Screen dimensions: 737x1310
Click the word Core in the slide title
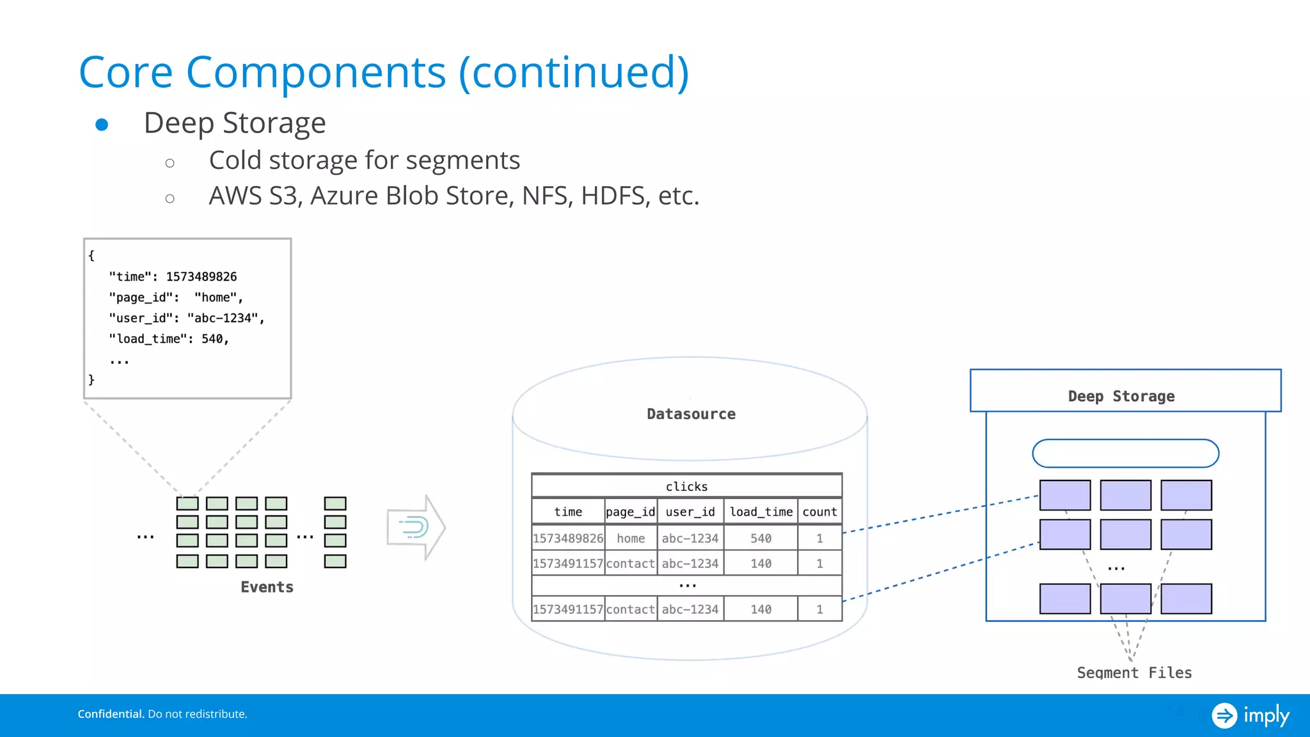tap(126, 72)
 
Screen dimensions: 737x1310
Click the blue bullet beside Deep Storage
tap(102, 125)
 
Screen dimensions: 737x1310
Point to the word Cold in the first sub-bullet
tap(235, 161)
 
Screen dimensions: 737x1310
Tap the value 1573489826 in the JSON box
tap(201, 276)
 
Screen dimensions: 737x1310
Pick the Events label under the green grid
tap(267, 587)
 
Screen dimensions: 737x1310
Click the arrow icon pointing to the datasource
tap(416, 527)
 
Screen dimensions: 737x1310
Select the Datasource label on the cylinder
tap(691, 414)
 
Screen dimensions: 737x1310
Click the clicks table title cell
tap(686, 486)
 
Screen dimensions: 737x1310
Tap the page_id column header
tap(630, 512)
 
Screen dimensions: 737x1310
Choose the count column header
tap(819, 512)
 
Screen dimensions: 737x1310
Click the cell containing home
tap(631, 538)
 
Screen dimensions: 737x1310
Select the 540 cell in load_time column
tap(761, 538)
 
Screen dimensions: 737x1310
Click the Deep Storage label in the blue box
tap(1121, 396)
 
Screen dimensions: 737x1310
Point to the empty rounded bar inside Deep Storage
tap(1125, 453)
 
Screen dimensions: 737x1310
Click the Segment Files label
tap(1134, 672)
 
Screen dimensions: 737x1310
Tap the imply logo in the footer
tap(1250, 715)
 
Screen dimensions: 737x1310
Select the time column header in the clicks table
tap(568, 512)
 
